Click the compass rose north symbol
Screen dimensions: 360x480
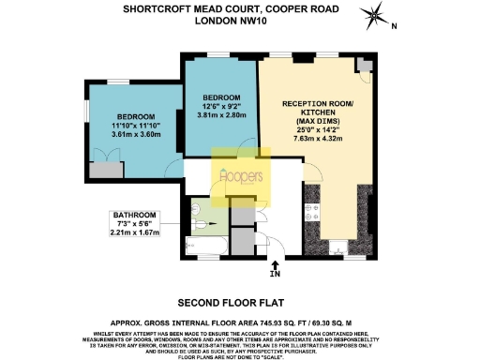click(x=374, y=15)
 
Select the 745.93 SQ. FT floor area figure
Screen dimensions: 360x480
click(x=278, y=320)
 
